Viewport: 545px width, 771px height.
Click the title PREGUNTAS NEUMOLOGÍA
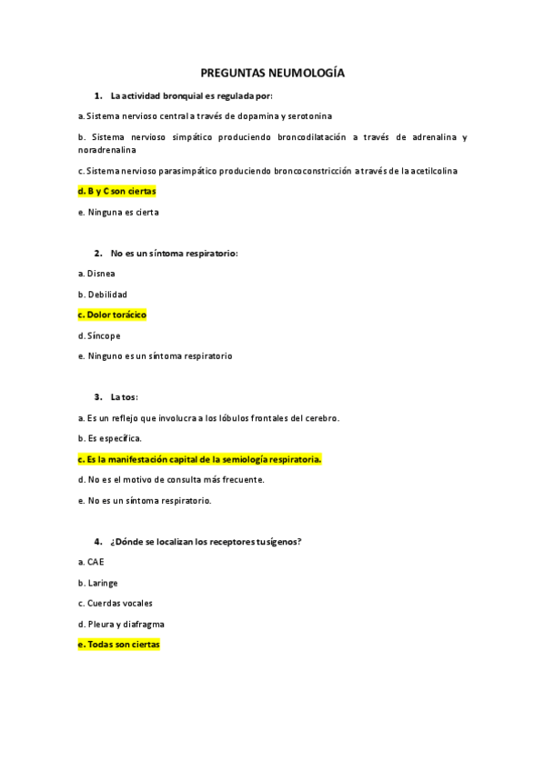(x=272, y=73)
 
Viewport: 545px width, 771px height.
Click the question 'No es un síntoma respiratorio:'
(x=174, y=253)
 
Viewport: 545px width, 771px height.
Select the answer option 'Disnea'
(x=101, y=273)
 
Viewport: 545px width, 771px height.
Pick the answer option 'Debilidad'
(x=106, y=294)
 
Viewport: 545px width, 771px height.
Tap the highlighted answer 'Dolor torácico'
(x=113, y=315)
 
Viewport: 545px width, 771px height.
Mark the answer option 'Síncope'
(x=104, y=335)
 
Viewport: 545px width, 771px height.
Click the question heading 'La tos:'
(x=124, y=396)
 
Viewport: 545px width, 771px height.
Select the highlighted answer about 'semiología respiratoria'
(x=201, y=459)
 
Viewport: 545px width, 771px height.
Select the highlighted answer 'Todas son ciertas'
(x=119, y=645)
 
